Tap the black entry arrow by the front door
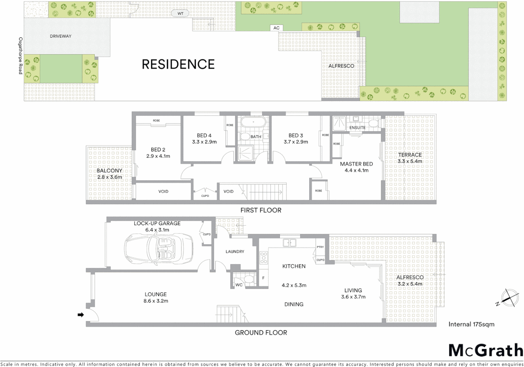pyautogui.click(x=81, y=315)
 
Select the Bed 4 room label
pyautogui.click(x=204, y=135)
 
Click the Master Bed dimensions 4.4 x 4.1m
pyautogui.click(x=356, y=170)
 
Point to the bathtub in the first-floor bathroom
pyautogui.click(x=253, y=122)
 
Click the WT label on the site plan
pyautogui.click(x=180, y=14)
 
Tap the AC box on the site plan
pyautogui.click(x=276, y=28)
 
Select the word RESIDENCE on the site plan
pyautogui.click(x=178, y=64)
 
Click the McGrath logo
pyautogui.click(x=485, y=350)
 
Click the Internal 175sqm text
pyautogui.click(x=471, y=324)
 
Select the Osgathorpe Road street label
pyautogui.click(x=20, y=56)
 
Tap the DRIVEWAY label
pyautogui.click(x=60, y=36)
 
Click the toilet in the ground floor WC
pyautogui.click(x=249, y=280)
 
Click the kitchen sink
pyautogui.click(x=289, y=243)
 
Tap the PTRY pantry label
pyautogui.click(x=320, y=247)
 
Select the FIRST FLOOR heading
pyautogui.click(x=261, y=210)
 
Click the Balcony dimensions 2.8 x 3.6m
pyautogui.click(x=109, y=177)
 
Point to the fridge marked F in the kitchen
pyautogui.click(x=263, y=278)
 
